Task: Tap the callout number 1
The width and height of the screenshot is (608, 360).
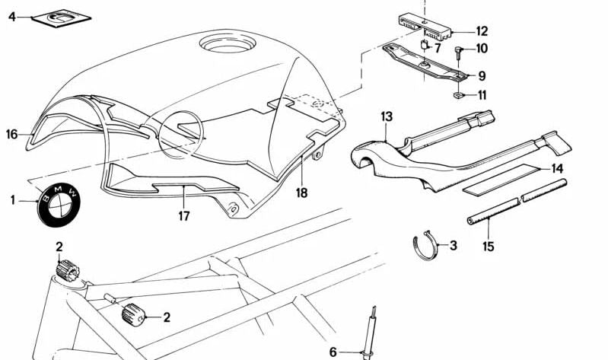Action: point(13,200)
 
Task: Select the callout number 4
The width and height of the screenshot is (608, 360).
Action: point(11,15)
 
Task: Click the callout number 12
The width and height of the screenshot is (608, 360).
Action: point(482,32)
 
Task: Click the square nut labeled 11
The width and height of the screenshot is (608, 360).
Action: point(460,96)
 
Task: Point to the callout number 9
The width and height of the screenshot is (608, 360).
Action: point(482,75)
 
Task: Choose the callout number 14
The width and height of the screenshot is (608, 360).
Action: point(558,168)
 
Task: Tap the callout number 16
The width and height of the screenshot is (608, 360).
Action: point(11,135)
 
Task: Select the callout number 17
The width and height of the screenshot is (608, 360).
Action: point(184,215)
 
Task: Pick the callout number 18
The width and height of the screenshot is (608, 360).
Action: point(302,193)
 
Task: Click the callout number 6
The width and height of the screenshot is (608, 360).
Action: point(333,352)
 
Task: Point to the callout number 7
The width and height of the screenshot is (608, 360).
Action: point(437,47)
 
